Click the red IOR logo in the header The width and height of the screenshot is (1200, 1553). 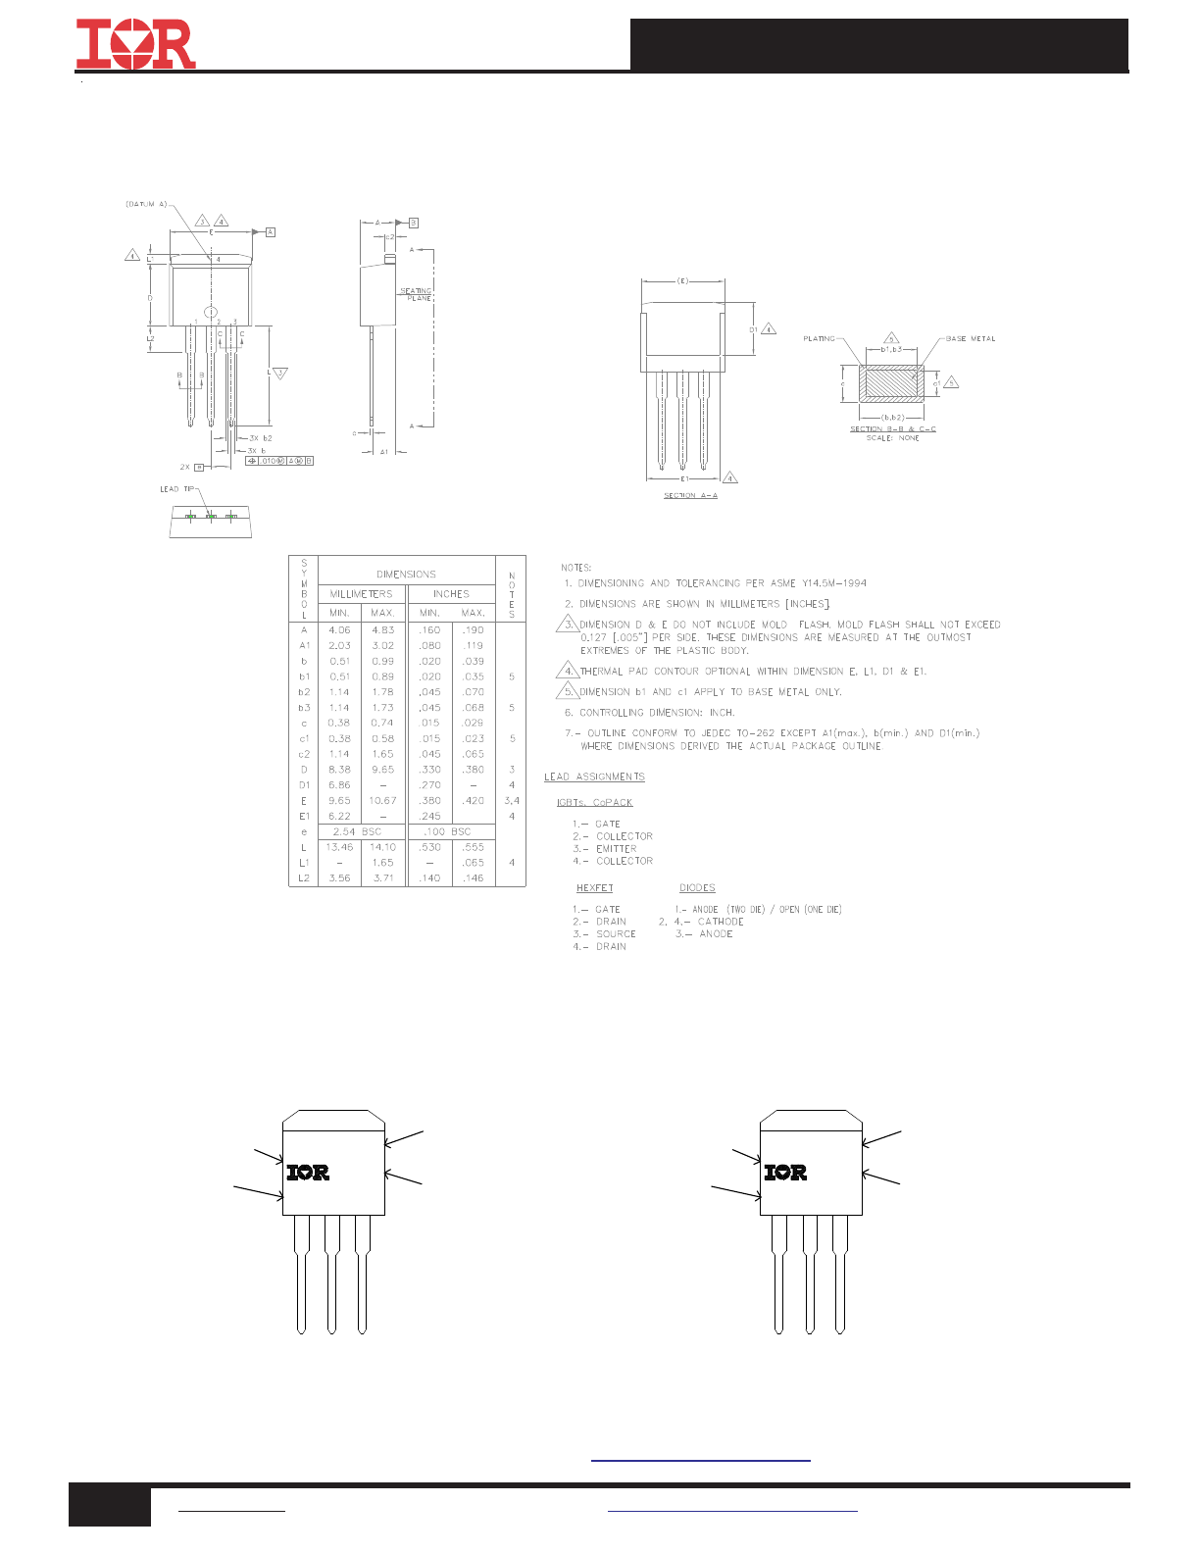[135, 44]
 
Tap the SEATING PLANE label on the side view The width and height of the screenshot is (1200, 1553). [416, 294]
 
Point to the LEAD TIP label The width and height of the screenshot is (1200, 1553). [177, 488]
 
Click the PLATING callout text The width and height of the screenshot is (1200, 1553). [819, 338]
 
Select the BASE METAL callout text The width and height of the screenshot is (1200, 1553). [971, 338]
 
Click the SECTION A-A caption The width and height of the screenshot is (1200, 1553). [690, 495]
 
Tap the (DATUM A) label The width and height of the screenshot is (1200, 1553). [146, 204]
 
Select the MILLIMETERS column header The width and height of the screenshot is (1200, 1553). [361, 594]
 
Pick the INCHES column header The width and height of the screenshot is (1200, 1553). [451, 594]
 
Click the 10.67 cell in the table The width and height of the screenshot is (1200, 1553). [382, 801]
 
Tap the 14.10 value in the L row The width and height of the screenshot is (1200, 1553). [382, 847]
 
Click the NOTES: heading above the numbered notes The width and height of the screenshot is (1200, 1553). [576, 568]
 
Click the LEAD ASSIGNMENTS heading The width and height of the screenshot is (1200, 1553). [595, 776]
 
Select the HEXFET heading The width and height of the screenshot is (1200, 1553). [594, 888]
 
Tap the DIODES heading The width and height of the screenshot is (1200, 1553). [697, 888]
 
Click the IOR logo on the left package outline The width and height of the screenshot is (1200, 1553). [308, 1172]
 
